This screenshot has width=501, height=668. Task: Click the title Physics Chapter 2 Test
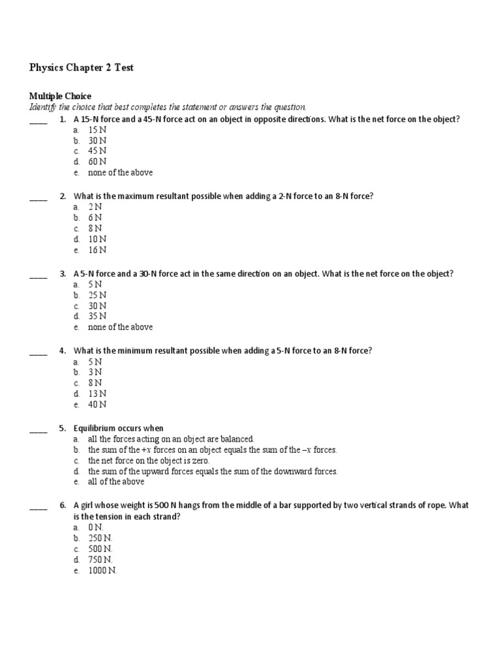pyautogui.click(x=82, y=67)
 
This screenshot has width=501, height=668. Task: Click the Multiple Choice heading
pyautogui.click(x=60, y=96)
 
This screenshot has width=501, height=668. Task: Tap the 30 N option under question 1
pyautogui.click(x=97, y=140)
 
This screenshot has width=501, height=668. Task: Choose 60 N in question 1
pyautogui.click(x=97, y=162)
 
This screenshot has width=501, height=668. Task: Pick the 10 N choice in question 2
pyautogui.click(x=97, y=239)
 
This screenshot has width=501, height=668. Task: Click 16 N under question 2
pyautogui.click(x=97, y=250)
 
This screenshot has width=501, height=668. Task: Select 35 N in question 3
pyautogui.click(x=97, y=316)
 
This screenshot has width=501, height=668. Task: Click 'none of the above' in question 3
pyautogui.click(x=120, y=327)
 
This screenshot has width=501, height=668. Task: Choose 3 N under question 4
pyautogui.click(x=95, y=372)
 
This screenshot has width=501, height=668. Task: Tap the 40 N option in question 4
pyautogui.click(x=97, y=404)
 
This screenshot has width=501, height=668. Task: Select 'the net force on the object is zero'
pyautogui.click(x=149, y=461)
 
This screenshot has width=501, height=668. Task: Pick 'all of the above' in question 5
pyautogui.click(x=116, y=481)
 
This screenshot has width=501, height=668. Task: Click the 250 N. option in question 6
pyautogui.click(x=100, y=538)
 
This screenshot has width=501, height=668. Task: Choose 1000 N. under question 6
pyautogui.click(x=102, y=570)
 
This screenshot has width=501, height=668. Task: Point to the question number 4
pyautogui.click(x=62, y=351)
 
